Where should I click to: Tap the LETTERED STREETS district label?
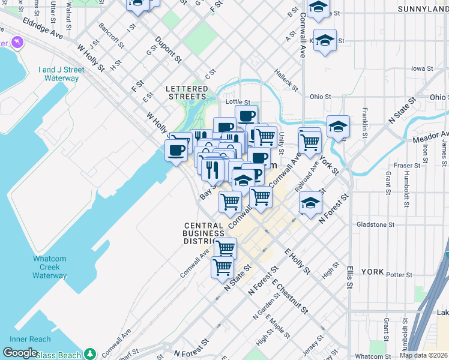pos(187,92)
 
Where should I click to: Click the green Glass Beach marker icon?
pos(90,353)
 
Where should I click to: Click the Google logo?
pos(20,353)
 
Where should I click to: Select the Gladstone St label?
pos(375,224)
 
